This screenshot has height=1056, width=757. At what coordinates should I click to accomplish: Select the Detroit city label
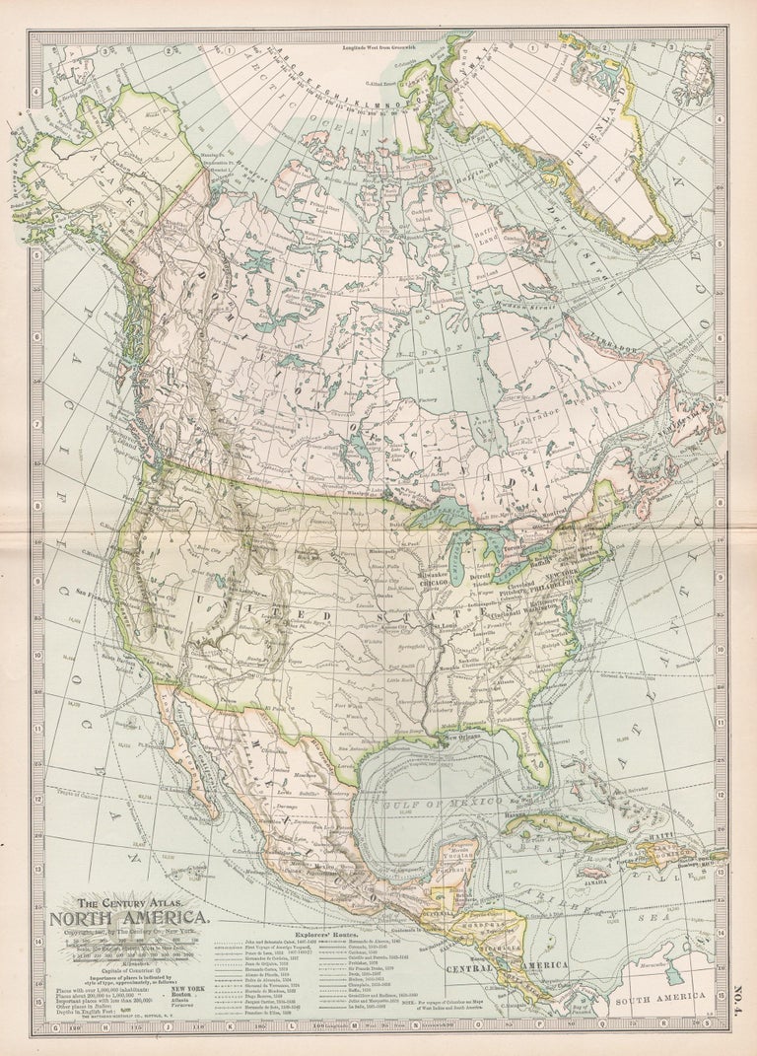click(481, 575)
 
